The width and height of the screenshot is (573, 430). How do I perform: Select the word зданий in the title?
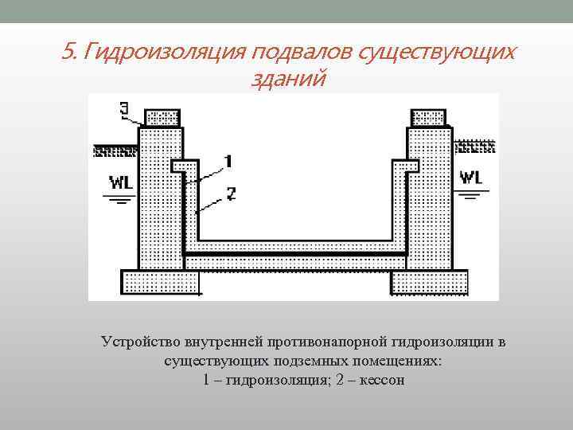tap(288, 80)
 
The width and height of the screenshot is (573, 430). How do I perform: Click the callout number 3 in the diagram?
tap(123, 108)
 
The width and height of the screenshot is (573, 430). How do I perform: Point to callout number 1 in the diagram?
tap(228, 162)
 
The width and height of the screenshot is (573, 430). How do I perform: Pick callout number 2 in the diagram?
tap(230, 193)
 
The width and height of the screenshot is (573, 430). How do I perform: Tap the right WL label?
tap(470, 178)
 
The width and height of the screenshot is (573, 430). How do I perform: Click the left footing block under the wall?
tap(157, 281)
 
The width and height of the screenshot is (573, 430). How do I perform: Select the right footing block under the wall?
tap(431, 281)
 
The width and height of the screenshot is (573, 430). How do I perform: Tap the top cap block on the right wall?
tap(427, 118)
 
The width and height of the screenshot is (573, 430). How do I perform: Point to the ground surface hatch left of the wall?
tap(115, 149)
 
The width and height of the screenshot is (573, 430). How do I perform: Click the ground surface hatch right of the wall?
tap(474, 147)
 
